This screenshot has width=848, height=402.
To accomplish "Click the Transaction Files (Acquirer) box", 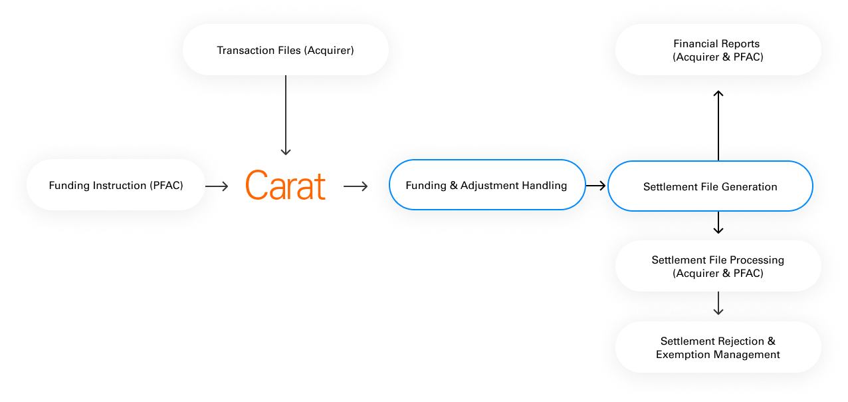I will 285,50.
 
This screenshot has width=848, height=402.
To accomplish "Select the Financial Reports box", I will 718,50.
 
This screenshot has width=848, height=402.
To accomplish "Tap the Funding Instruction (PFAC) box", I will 116,185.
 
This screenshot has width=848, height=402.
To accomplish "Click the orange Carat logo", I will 285,186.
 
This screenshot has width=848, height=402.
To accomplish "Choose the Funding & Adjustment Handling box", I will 486,185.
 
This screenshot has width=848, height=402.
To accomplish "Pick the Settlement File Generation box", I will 710,186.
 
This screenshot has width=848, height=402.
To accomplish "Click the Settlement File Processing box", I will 718,266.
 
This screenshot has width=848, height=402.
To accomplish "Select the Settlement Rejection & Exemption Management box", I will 718,347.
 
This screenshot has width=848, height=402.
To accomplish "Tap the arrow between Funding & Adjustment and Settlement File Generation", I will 597,186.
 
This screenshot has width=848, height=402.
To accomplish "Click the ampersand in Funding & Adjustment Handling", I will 454,185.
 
